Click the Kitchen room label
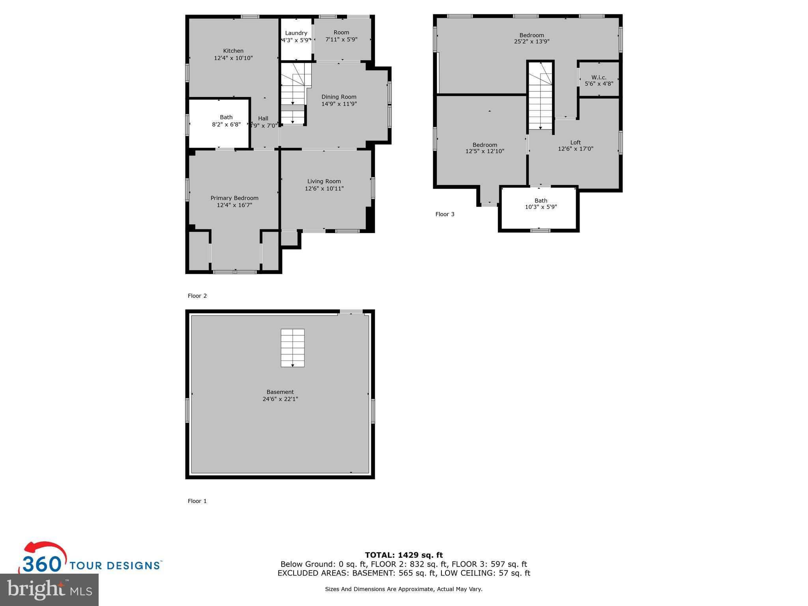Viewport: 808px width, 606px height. pyautogui.click(x=233, y=51)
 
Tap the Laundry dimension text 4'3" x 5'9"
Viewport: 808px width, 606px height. pyautogui.click(x=296, y=40)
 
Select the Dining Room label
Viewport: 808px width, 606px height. pyautogui.click(x=339, y=97)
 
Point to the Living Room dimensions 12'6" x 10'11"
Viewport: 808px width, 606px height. pyautogui.click(x=324, y=189)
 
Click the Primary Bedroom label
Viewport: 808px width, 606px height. pyautogui.click(x=234, y=198)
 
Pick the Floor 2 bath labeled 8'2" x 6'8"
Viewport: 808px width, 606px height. pyautogui.click(x=226, y=121)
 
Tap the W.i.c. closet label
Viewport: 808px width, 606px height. pyautogui.click(x=599, y=77)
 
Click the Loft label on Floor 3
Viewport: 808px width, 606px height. pyautogui.click(x=575, y=142)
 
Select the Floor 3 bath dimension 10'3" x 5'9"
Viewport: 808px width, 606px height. pyautogui.click(x=541, y=207)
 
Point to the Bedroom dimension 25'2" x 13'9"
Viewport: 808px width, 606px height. pyautogui.click(x=531, y=41)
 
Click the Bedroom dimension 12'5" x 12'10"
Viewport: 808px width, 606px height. pyautogui.click(x=484, y=151)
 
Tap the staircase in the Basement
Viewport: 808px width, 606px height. pyautogui.click(x=292, y=348)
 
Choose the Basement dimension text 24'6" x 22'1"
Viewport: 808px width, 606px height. pyautogui.click(x=280, y=399)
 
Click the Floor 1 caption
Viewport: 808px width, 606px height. pyautogui.click(x=197, y=501)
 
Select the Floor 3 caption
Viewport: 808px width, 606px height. pyautogui.click(x=445, y=214)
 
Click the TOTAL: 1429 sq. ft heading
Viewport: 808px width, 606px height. pyautogui.click(x=404, y=555)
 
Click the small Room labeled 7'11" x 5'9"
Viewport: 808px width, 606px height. pyautogui.click(x=341, y=36)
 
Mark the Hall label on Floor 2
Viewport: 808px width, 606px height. pyautogui.click(x=263, y=118)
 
